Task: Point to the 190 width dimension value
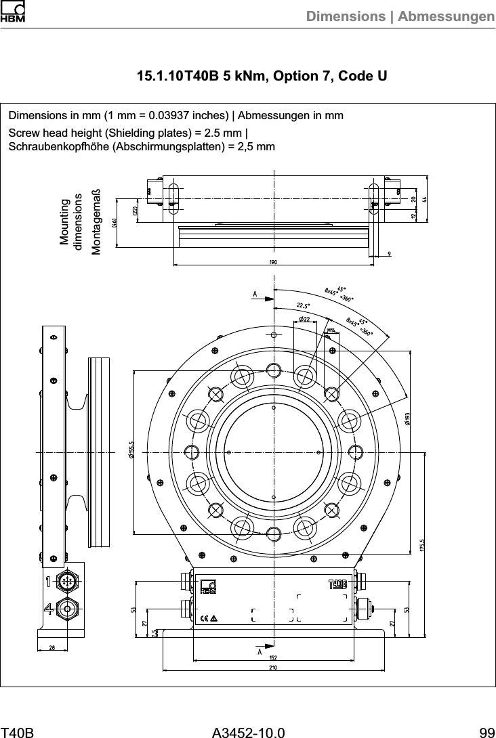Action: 273,263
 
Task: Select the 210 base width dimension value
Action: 273,668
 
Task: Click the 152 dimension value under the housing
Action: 273,657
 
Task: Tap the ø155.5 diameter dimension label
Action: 129,450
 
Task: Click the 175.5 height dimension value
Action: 422,546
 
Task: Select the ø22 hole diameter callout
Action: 305,319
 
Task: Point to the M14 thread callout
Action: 332,330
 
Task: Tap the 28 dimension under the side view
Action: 52,647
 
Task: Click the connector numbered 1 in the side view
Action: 67,582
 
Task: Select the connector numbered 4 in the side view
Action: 67,608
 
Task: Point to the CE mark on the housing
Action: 205,618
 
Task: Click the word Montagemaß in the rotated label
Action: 96,221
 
